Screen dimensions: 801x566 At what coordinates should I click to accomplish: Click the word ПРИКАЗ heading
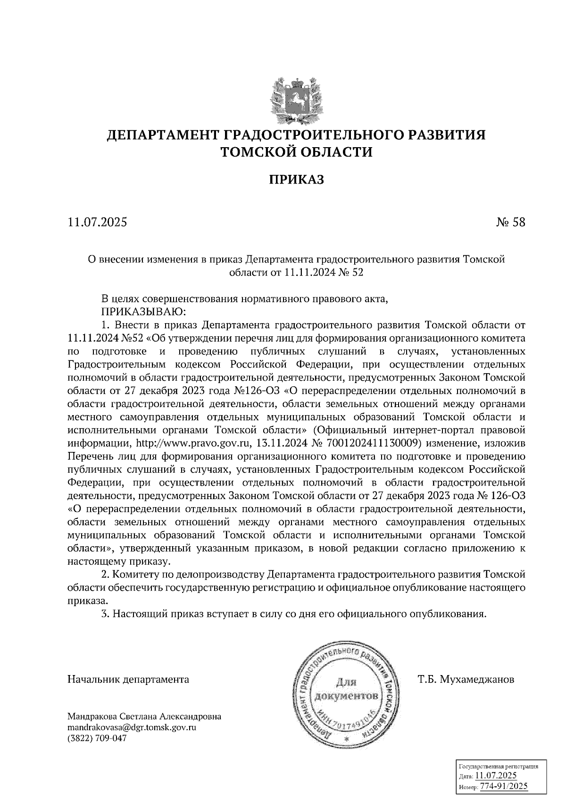point(297,180)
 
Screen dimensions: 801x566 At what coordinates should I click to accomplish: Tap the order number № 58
point(510,222)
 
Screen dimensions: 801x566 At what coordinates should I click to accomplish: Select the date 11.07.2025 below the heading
point(98,222)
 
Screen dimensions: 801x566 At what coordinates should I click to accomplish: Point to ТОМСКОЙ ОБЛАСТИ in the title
point(297,152)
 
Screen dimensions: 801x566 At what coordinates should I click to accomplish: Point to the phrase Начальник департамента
point(128,680)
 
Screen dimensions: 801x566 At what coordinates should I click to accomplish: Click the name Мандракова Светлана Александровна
point(144,717)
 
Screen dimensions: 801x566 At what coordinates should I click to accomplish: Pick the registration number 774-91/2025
point(504,787)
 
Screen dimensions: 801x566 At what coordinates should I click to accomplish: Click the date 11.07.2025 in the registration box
point(496,776)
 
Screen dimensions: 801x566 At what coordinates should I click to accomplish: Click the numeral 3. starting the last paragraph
point(106,614)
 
